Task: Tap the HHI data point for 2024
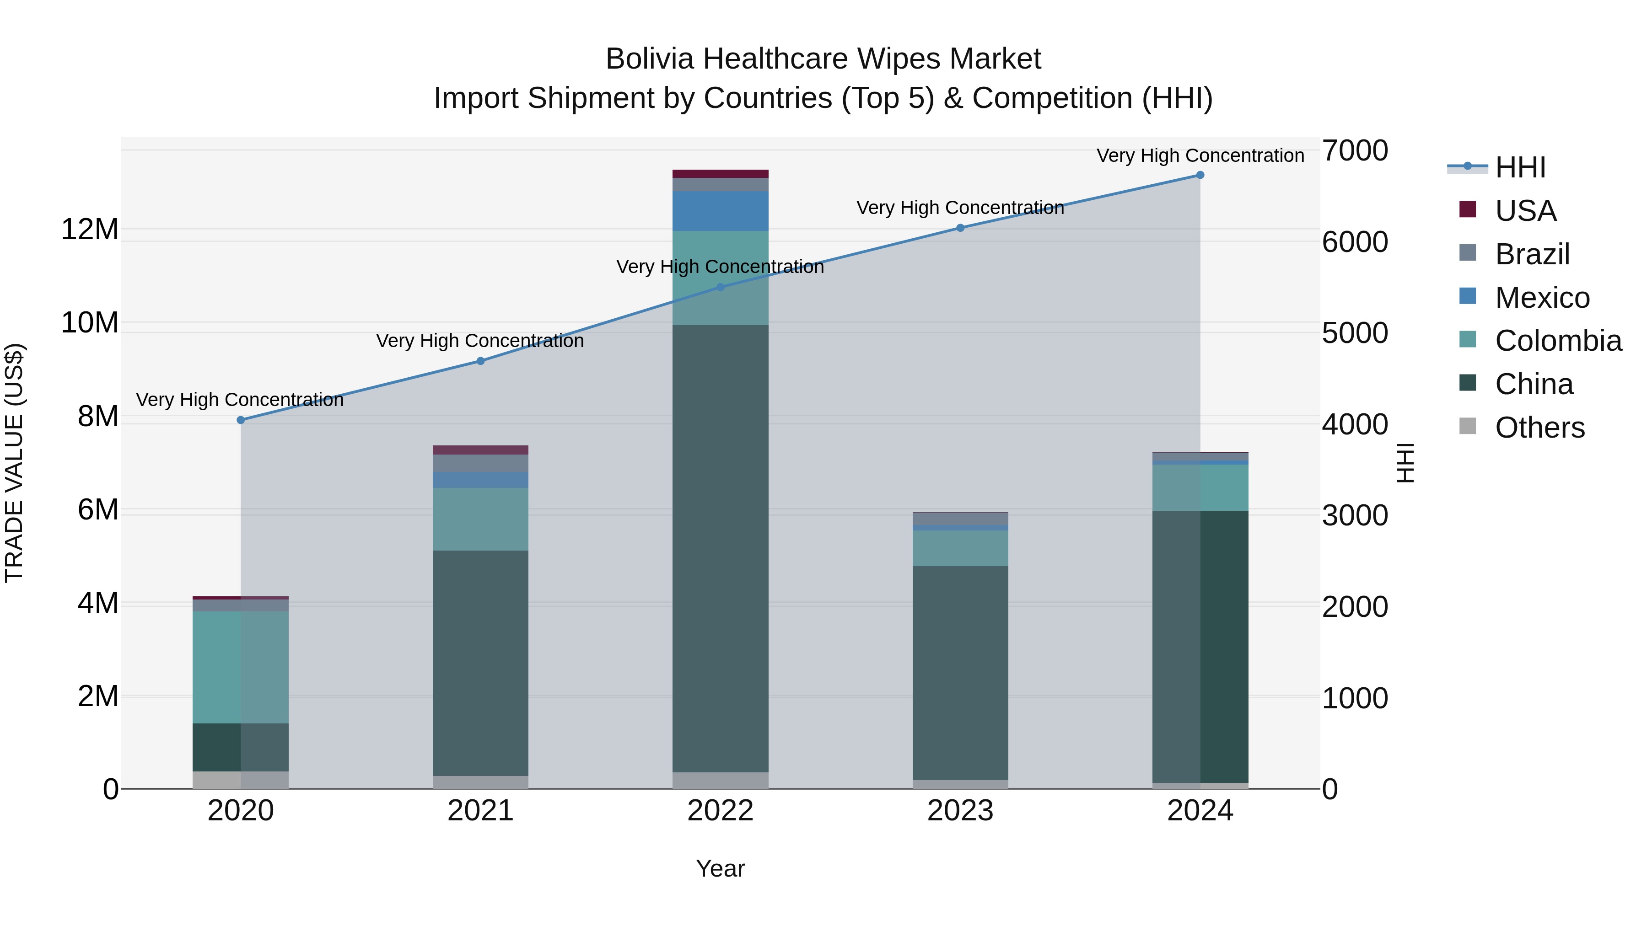coord(1200,175)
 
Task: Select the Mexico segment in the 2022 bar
coord(721,211)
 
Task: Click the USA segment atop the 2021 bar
coord(481,450)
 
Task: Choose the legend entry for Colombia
coord(1557,341)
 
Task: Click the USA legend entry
coord(1525,210)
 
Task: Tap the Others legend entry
coord(1539,428)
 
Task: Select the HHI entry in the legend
coord(1520,167)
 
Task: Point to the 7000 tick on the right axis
coord(1355,151)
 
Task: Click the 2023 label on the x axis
coord(960,810)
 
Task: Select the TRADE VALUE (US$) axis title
coord(14,463)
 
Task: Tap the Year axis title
coord(720,868)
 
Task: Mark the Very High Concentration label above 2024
coord(1200,155)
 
